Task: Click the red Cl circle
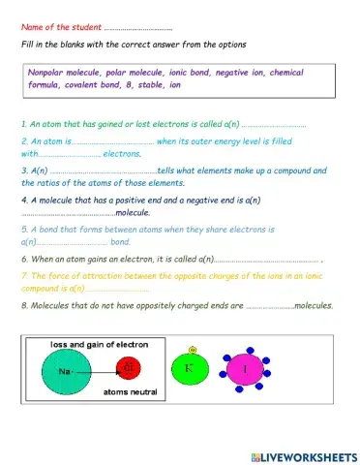pos(126,370)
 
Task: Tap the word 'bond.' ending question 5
pos(121,241)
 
